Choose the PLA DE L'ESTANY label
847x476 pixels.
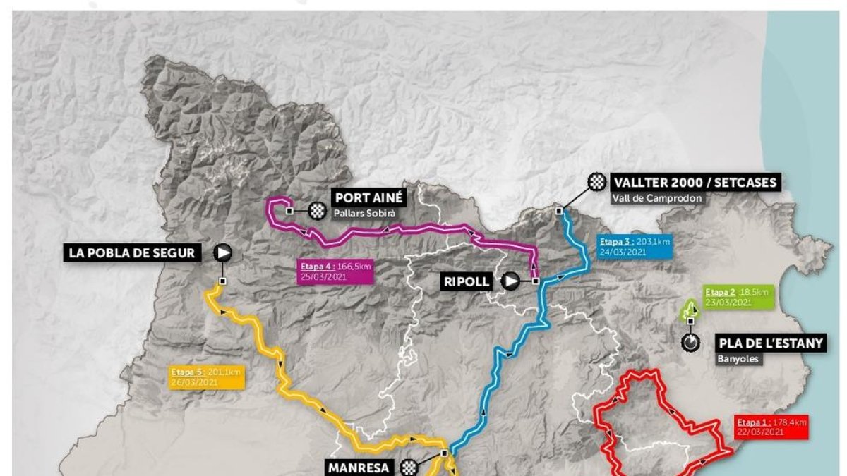771,343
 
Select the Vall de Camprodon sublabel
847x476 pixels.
658,198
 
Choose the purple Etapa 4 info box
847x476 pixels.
336,271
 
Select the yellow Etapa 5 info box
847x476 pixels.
206,377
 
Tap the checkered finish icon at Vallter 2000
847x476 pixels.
598,183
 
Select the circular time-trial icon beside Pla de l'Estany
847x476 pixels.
690,343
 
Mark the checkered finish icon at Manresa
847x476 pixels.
409,467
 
